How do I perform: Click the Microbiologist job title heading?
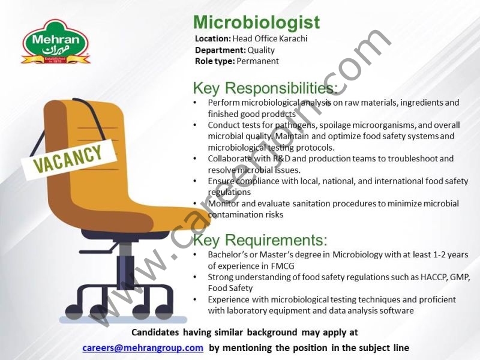pyautogui.click(x=256, y=23)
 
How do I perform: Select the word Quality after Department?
pyautogui.click(x=261, y=50)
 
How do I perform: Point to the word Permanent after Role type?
pyautogui.click(x=257, y=61)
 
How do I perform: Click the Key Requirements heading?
pyautogui.click(x=260, y=241)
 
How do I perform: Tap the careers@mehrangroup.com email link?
pyautogui.click(x=143, y=347)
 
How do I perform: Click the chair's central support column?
pyautogui.click(x=124, y=258)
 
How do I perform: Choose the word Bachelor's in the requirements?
pyautogui.click(x=227, y=254)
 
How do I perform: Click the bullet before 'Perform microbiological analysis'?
pyautogui.click(x=195, y=103)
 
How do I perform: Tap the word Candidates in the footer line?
pyautogui.click(x=155, y=332)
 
